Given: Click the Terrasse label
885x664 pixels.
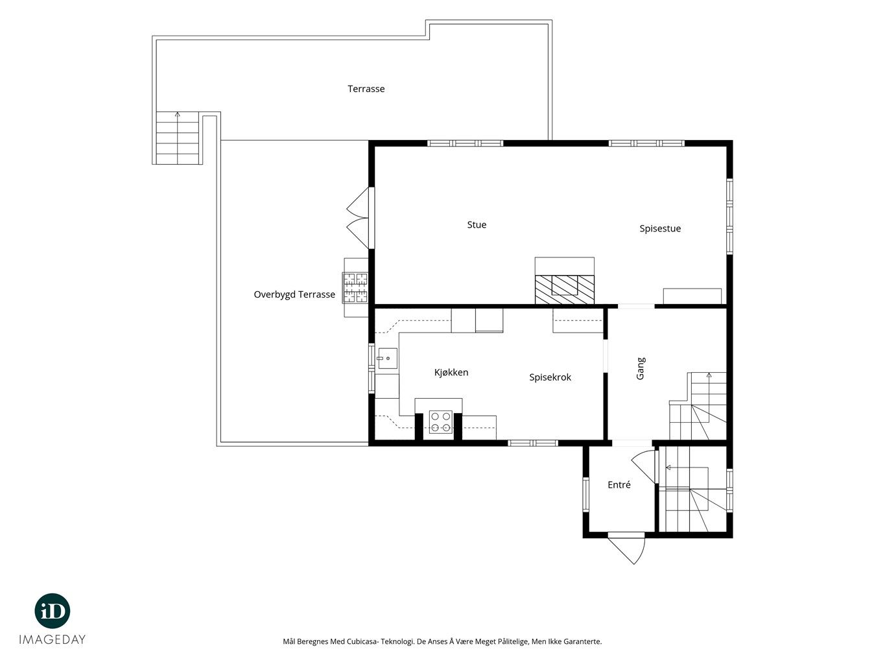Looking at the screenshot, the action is [x=366, y=89].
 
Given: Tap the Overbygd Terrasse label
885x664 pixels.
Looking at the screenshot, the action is [x=294, y=294].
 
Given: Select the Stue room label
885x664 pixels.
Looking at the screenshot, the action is [x=477, y=224].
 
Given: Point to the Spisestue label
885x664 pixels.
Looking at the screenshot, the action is [x=660, y=229].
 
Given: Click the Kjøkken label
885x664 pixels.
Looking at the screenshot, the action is [x=451, y=372].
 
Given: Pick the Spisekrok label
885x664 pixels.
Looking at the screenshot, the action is [x=550, y=377].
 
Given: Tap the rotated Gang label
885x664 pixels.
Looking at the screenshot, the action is [x=641, y=368].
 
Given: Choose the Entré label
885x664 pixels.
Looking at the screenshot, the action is [x=619, y=484].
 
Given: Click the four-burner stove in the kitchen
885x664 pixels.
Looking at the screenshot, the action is [x=440, y=422].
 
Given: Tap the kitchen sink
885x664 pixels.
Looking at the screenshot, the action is [x=388, y=359].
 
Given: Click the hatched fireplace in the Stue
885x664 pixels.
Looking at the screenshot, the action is [x=564, y=290].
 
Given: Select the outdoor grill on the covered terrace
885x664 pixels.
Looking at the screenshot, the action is [x=355, y=288].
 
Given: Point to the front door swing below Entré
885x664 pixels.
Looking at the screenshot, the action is [x=626, y=549].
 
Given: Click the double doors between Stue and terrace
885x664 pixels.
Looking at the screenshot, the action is [x=359, y=218].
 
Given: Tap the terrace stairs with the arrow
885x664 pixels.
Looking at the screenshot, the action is [x=178, y=138].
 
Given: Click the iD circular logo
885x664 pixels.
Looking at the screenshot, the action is [x=53, y=611].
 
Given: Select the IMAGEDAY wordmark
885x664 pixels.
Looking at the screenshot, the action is [x=53, y=639].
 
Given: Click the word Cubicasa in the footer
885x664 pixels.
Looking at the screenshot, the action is [x=362, y=641].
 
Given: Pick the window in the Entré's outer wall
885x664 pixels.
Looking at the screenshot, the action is [x=586, y=495].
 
